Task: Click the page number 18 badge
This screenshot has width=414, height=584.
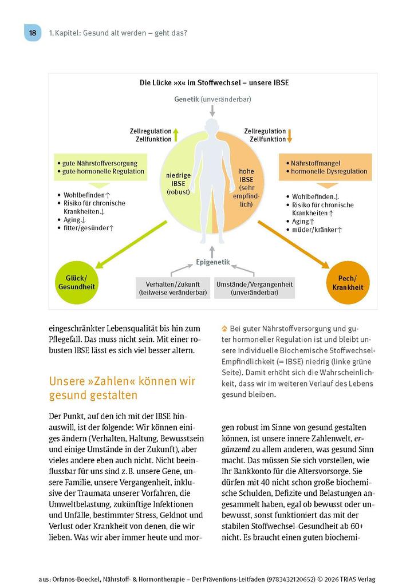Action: (x=33, y=33)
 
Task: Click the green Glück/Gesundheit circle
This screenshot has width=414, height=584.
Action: (x=77, y=282)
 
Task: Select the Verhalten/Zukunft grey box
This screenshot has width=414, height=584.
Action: (x=171, y=288)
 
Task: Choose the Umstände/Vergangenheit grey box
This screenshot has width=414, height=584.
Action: (x=255, y=288)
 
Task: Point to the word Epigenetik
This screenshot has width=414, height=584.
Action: (x=212, y=262)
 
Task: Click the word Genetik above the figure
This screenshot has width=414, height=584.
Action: (x=187, y=99)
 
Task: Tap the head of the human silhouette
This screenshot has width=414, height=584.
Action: (x=212, y=127)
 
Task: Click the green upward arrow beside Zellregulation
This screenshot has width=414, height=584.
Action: (x=176, y=135)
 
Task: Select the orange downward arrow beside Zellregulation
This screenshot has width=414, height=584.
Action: (x=290, y=135)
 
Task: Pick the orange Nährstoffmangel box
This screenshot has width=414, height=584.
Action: (x=326, y=167)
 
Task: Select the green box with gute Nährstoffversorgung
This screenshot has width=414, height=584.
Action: (x=101, y=167)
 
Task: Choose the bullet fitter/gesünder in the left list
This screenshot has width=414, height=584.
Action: (x=88, y=227)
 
